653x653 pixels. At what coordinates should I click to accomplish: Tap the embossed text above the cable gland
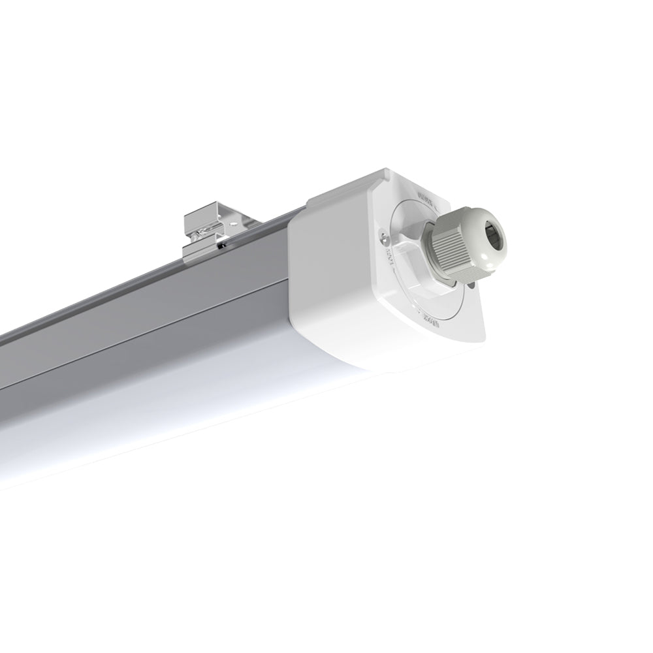pyautogui.click(x=426, y=197)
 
